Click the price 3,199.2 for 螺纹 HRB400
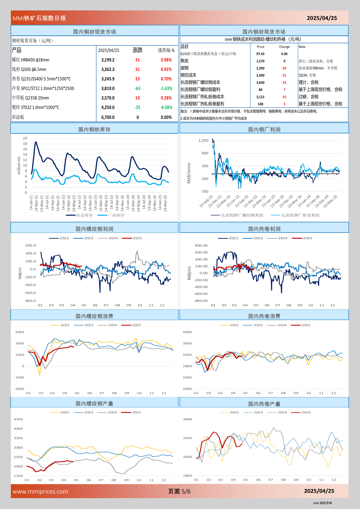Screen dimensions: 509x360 point(108,60)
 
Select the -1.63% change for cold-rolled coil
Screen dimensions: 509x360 point(166,88)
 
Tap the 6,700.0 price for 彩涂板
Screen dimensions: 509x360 point(108,117)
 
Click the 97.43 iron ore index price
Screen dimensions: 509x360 point(260,54)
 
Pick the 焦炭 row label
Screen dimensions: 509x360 point(184,61)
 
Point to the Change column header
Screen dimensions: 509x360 point(284,47)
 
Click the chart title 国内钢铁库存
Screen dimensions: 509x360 point(94,129)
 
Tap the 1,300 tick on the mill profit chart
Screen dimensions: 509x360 point(203,141)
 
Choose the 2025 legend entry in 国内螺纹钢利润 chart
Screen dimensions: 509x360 point(137,238)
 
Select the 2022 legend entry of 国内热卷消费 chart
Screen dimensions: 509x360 point(234,325)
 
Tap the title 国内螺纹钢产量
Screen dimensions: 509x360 point(94,404)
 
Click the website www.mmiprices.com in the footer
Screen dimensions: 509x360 point(40,492)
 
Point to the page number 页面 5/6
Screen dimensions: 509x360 point(179,491)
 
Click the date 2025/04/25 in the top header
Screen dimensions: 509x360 point(322,18)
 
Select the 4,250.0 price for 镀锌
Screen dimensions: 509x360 point(108,107)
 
